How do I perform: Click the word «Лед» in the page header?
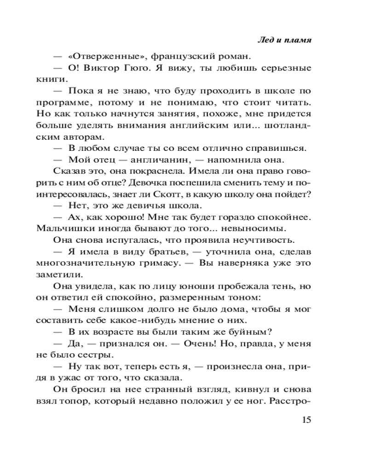point(264,40)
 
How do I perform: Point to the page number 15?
point(305,420)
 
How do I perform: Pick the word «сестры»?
point(95,354)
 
